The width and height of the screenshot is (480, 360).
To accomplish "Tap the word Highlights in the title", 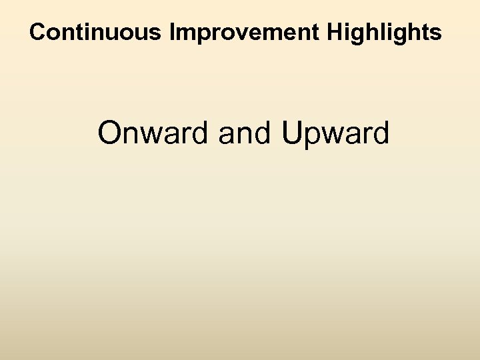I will (383, 32).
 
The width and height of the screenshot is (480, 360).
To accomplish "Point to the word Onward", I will (153, 133).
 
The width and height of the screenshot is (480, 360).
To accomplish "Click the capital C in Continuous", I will (39, 32).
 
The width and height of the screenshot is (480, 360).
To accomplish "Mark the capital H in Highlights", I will (335, 32).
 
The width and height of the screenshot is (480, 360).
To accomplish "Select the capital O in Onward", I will (110, 133).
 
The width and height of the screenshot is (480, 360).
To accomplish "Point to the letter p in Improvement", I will (210, 35).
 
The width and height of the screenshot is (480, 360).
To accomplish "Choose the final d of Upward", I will (379, 133).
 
